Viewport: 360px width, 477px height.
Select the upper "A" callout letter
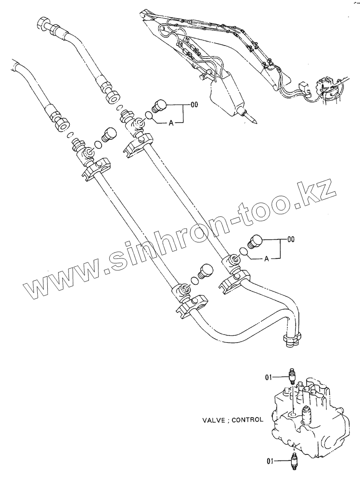click(171, 124)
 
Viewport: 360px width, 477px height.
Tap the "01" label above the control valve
click(269, 377)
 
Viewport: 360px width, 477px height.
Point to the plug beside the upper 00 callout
click(160, 105)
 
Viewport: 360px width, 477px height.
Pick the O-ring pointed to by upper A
click(149, 116)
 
